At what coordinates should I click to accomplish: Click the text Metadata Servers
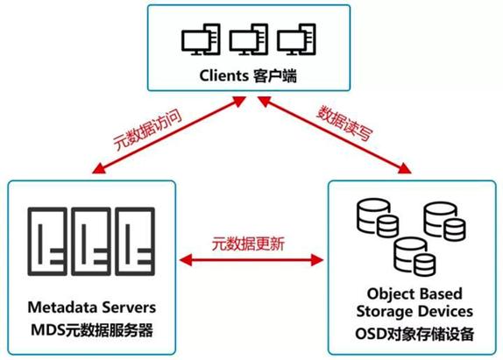[92, 307]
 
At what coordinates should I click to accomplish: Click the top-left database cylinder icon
[375, 214]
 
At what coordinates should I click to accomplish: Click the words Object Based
[415, 293]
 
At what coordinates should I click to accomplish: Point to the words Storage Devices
[415, 311]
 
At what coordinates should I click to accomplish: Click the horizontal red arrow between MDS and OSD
[251, 259]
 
